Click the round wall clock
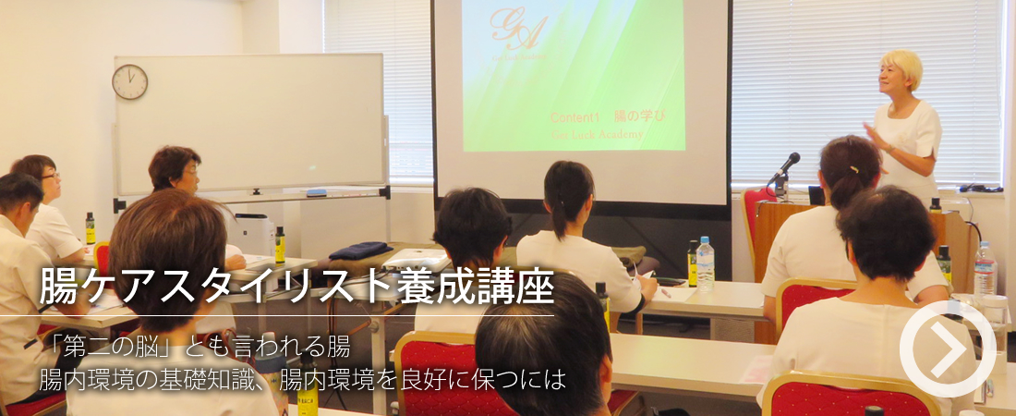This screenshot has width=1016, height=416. tap(129, 82)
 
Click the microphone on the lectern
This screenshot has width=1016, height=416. tap(787, 164)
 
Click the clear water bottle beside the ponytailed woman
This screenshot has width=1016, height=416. tap(706, 263)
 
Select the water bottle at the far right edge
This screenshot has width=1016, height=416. tap(986, 269)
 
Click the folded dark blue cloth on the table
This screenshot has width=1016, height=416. tap(359, 250)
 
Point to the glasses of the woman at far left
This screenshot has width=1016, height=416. tap(48, 175)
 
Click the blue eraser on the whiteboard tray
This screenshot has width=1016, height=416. tap(316, 193)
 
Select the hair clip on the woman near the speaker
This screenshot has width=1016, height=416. tap(855, 168)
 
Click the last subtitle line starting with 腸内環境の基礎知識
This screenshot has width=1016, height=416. tap(301, 379)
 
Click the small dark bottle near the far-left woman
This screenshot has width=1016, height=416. tap(91, 228)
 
